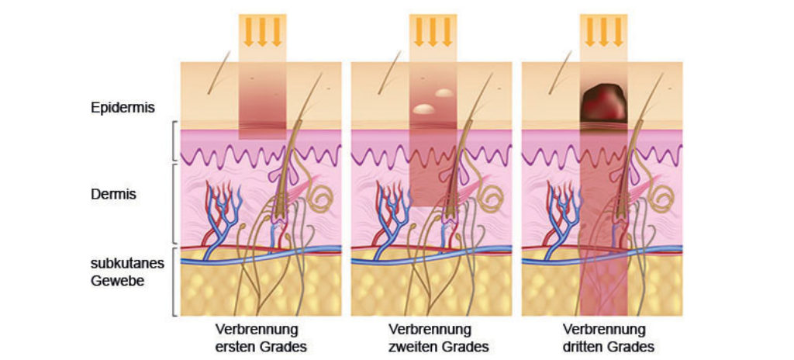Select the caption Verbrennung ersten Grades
(x=256, y=337)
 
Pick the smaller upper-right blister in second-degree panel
(x=444, y=93)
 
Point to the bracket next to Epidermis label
(x=174, y=142)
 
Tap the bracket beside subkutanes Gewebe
(x=174, y=281)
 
